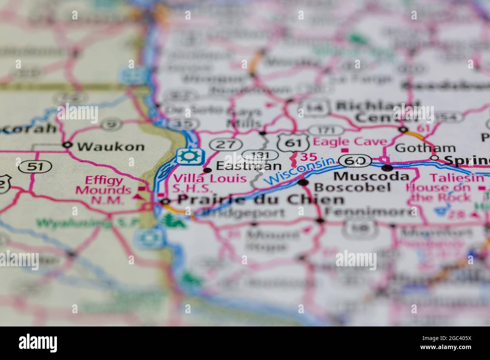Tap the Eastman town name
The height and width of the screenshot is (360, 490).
[249, 166]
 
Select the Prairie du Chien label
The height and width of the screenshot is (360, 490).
[260, 200]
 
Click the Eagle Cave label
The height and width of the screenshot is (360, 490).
[350, 142]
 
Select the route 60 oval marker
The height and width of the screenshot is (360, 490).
[355, 161]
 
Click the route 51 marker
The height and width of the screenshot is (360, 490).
[35, 166]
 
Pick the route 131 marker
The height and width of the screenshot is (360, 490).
[260, 155]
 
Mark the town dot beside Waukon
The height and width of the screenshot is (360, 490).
[67, 145]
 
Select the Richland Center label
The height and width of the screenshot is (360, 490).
[377, 111]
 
